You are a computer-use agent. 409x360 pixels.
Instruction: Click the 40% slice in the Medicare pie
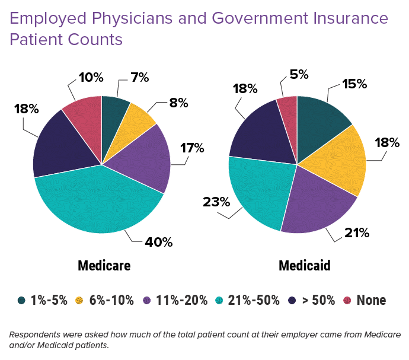[98, 202]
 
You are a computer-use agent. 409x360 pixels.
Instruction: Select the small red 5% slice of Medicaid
[288, 108]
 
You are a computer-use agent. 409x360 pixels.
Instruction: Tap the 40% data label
[159, 242]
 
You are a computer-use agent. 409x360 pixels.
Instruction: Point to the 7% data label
[140, 78]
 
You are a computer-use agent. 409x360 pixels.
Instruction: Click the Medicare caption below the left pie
[104, 265]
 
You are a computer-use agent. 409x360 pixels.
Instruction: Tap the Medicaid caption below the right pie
[304, 265]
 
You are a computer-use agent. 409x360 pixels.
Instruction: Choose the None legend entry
[371, 300]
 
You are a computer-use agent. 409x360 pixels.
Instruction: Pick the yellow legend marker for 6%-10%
[79, 300]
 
